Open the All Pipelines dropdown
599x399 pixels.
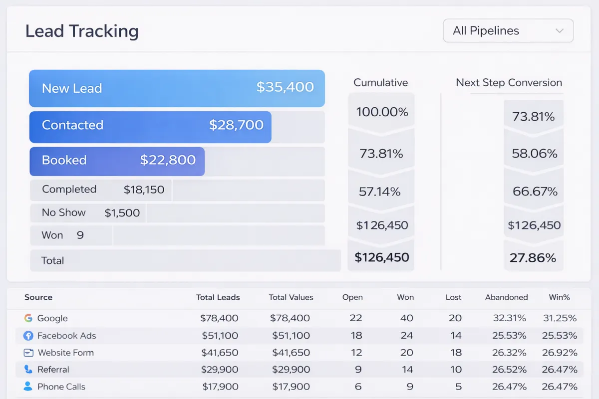click(508, 30)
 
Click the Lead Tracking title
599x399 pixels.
click(82, 31)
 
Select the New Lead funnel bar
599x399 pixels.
click(177, 88)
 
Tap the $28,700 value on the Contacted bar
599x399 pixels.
click(236, 125)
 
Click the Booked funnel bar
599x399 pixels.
click(117, 162)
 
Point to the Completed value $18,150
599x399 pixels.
click(144, 190)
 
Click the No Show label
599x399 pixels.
click(64, 212)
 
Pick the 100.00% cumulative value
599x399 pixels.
click(382, 112)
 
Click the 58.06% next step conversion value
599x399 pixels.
click(534, 154)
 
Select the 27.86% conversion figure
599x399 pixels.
click(533, 258)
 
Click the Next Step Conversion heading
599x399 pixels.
click(509, 83)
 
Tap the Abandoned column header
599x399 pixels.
click(507, 297)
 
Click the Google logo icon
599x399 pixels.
click(28, 318)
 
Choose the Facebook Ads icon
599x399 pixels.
click(28, 336)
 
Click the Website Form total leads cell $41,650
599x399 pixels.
click(220, 353)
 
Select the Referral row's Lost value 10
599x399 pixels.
click(456, 370)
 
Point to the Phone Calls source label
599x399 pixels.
click(61, 387)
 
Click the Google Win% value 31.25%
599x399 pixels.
click(560, 318)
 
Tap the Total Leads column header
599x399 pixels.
click(218, 297)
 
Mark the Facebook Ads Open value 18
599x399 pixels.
click(356, 335)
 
